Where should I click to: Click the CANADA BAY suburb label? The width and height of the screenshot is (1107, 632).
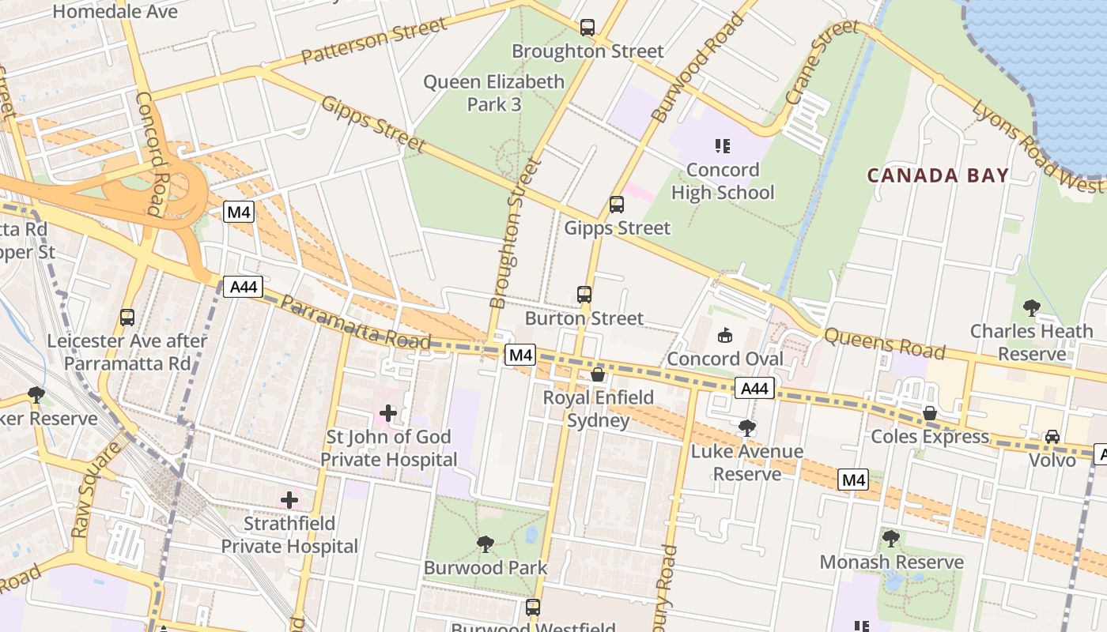click(938, 175)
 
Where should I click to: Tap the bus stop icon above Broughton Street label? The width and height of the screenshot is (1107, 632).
click(587, 28)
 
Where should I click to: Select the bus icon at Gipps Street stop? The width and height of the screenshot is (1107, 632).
click(617, 205)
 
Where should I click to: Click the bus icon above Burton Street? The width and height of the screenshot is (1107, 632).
click(584, 295)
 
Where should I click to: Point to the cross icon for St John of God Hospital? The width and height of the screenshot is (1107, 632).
click(388, 413)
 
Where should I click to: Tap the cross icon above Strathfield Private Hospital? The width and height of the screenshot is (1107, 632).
click(289, 500)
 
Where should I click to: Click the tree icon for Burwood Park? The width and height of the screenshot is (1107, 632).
click(485, 544)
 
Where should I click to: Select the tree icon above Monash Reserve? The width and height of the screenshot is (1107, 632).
click(891, 539)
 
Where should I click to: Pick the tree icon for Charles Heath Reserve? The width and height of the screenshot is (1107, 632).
click(1031, 307)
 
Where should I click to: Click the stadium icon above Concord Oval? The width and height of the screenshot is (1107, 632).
click(724, 336)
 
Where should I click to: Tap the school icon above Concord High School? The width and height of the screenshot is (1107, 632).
click(722, 146)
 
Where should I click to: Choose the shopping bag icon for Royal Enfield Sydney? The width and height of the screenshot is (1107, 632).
click(598, 374)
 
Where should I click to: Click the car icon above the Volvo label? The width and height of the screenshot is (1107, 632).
click(1052, 437)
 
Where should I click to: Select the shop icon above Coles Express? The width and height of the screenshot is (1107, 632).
click(930, 413)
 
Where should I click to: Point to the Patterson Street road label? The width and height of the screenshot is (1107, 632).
click(375, 43)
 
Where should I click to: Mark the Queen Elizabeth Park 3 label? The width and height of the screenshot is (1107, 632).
click(494, 92)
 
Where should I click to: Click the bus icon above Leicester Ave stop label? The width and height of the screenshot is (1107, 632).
click(127, 318)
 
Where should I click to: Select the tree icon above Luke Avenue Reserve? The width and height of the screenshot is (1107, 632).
click(746, 428)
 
